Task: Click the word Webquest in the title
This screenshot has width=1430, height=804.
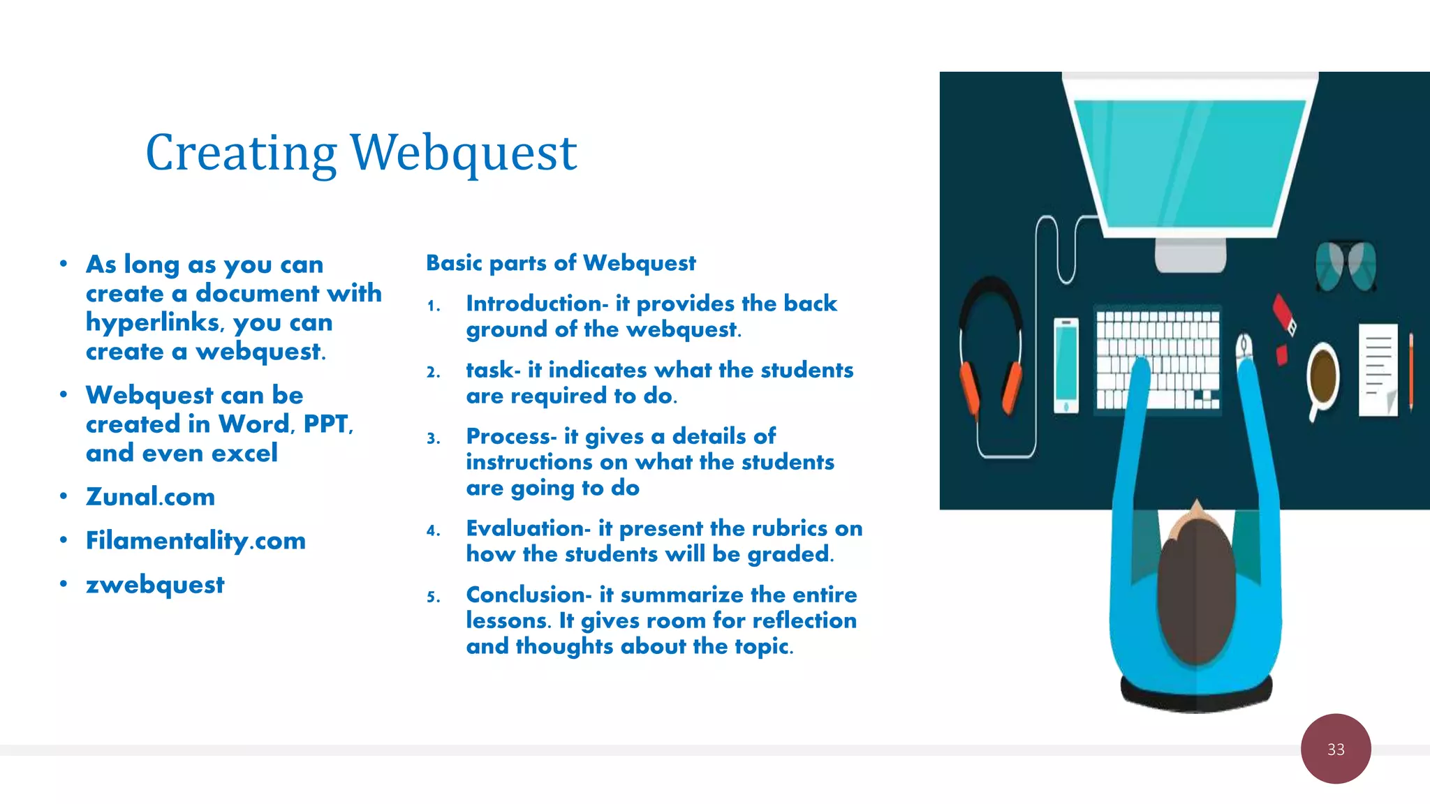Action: pos(463,154)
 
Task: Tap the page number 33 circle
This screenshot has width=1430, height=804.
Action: pos(1335,749)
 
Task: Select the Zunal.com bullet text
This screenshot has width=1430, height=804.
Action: pos(150,497)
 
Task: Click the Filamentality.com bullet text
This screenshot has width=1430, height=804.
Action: pos(196,541)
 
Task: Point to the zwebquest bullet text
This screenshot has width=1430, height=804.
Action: pos(155,585)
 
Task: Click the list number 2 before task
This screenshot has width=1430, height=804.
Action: pos(434,372)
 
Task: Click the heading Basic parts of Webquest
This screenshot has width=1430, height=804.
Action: pos(561,263)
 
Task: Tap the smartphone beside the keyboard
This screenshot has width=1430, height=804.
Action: pos(1066,365)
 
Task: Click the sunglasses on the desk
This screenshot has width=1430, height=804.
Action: pos(1345,266)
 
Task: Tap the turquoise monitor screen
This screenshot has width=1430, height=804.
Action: pos(1189,161)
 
